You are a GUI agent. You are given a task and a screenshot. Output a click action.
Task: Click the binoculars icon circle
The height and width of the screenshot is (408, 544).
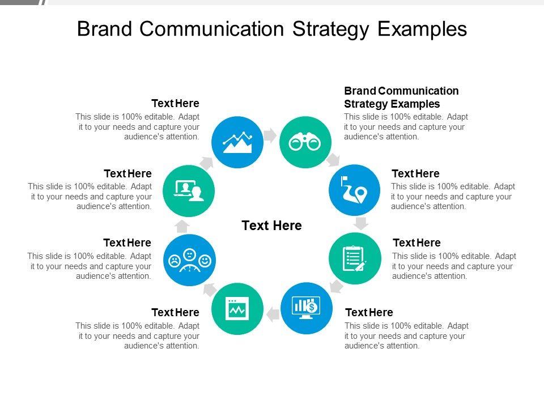click(305, 142)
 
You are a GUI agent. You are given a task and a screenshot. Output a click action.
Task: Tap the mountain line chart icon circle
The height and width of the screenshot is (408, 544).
click(237, 142)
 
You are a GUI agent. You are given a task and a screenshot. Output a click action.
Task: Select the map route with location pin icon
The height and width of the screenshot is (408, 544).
click(355, 190)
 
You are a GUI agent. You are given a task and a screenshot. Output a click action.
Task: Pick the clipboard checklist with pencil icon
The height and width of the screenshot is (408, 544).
click(355, 258)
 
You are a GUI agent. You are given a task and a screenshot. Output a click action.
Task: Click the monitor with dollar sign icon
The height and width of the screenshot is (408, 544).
click(307, 308)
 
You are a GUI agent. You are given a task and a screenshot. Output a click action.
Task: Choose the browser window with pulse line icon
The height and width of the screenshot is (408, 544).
click(237, 308)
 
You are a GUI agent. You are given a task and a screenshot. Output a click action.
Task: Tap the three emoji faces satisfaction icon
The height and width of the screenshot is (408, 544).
click(189, 260)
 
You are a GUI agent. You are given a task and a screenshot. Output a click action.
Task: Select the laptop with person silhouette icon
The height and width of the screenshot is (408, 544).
click(189, 190)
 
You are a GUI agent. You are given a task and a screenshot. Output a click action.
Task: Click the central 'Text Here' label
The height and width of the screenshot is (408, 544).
click(271, 226)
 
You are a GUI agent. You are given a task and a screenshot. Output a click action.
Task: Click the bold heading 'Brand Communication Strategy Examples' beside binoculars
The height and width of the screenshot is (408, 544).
click(401, 97)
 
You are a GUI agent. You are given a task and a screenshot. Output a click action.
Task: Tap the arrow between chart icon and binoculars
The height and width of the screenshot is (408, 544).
click(271, 135)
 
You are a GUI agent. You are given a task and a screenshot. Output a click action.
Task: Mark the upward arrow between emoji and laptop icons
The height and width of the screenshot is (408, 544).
click(182, 227)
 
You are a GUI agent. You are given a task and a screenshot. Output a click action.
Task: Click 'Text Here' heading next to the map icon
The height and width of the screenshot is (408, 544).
click(415, 173)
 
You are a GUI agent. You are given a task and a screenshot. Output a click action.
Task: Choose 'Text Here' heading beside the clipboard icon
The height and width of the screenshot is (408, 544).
click(416, 243)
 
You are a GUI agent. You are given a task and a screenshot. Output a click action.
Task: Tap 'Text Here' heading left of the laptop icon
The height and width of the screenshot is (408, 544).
click(127, 173)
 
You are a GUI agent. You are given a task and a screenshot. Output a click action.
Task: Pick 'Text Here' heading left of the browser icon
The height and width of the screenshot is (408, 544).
click(175, 312)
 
